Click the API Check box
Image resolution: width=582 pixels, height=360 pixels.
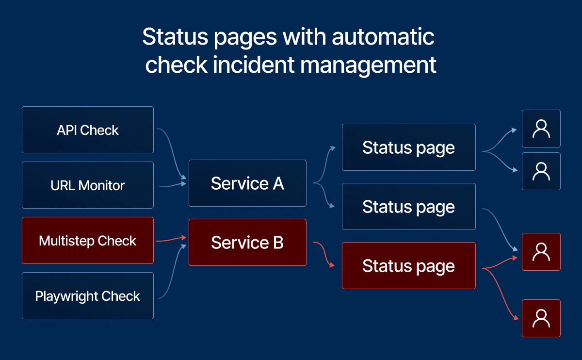pyautogui.click(x=88, y=130)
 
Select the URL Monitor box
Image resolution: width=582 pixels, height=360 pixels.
pyautogui.click(x=88, y=185)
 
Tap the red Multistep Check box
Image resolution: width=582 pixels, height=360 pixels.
pyautogui.click(x=88, y=241)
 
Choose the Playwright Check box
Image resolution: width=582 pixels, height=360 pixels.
pyautogui.click(x=88, y=296)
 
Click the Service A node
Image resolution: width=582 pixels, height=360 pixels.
pyautogui.click(x=247, y=183)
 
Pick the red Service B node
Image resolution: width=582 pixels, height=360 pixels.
pyautogui.click(x=247, y=243)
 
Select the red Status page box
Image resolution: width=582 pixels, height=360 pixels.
pyautogui.click(x=408, y=266)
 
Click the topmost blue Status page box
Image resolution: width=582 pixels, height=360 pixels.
pyautogui.click(x=408, y=147)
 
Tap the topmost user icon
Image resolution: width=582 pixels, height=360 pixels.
pyautogui.click(x=541, y=129)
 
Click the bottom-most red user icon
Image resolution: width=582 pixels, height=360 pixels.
pyautogui.click(x=541, y=318)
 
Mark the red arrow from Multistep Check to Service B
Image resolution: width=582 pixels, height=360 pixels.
pyautogui.click(x=171, y=239)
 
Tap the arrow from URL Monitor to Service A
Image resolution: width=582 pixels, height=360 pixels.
pyautogui.click(x=172, y=184)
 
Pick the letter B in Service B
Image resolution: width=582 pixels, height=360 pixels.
pyautogui.click(x=278, y=243)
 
